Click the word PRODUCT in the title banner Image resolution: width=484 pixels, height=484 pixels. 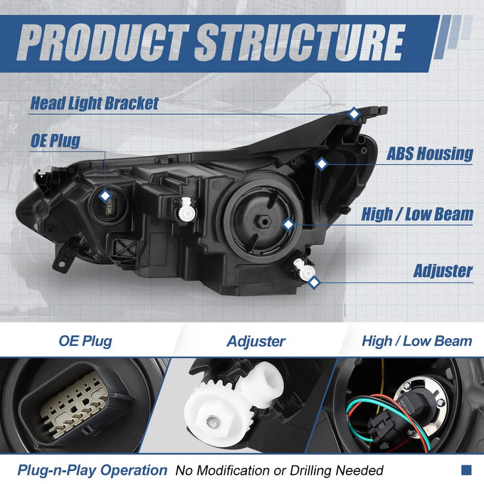(103, 42)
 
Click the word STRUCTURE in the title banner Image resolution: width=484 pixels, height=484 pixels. (300, 42)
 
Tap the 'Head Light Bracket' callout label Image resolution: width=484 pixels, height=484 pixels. (95, 103)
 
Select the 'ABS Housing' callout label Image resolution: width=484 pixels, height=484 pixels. (429, 154)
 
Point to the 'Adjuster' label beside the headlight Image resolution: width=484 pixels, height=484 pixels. (443, 270)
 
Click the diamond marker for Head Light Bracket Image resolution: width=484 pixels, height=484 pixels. (354, 114)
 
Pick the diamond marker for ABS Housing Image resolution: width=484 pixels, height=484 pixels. (322, 164)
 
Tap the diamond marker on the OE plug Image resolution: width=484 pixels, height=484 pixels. (105, 196)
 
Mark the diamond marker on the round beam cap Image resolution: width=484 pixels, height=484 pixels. (288, 224)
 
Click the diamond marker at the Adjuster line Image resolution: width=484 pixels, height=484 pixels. (314, 282)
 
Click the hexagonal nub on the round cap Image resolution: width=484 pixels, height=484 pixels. (264, 221)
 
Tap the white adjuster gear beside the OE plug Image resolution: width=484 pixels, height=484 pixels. (186, 210)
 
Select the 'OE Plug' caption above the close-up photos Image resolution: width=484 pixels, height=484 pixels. (85, 341)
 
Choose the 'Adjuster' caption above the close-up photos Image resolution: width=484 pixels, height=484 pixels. (256, 342)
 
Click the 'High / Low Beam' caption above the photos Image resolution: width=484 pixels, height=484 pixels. (417, 341)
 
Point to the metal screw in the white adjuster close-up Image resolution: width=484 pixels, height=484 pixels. (212, 421)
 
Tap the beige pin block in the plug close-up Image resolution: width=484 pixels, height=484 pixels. (74, 404)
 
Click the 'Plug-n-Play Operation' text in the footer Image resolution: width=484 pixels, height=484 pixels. (93, 470)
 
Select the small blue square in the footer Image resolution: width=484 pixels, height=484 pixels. (466, 470)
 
